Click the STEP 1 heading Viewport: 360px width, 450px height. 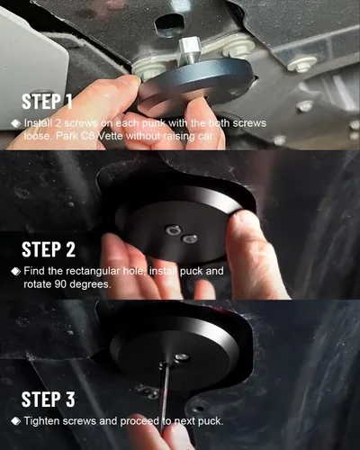point(47,102)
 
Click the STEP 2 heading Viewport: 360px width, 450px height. point(49,249)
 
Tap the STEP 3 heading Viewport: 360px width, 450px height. point(48,400)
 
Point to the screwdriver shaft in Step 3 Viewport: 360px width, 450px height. point(165,396)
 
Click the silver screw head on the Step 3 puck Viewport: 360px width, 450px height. point(181,357)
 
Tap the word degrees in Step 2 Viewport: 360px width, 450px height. point(90,284)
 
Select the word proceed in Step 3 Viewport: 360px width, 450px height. point(139,421)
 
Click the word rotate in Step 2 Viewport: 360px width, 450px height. point(38,284)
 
